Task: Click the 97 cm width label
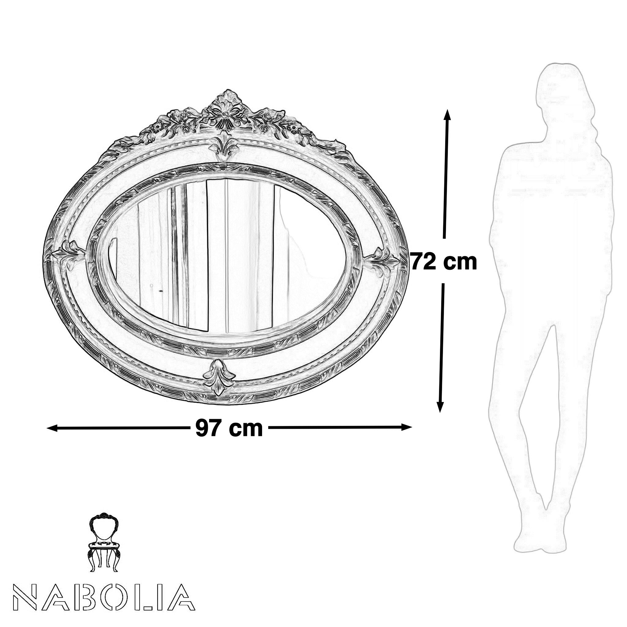tap(229, 428)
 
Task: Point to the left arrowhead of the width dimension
tap(52, 429)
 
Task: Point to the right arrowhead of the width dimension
tap(407, 427)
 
